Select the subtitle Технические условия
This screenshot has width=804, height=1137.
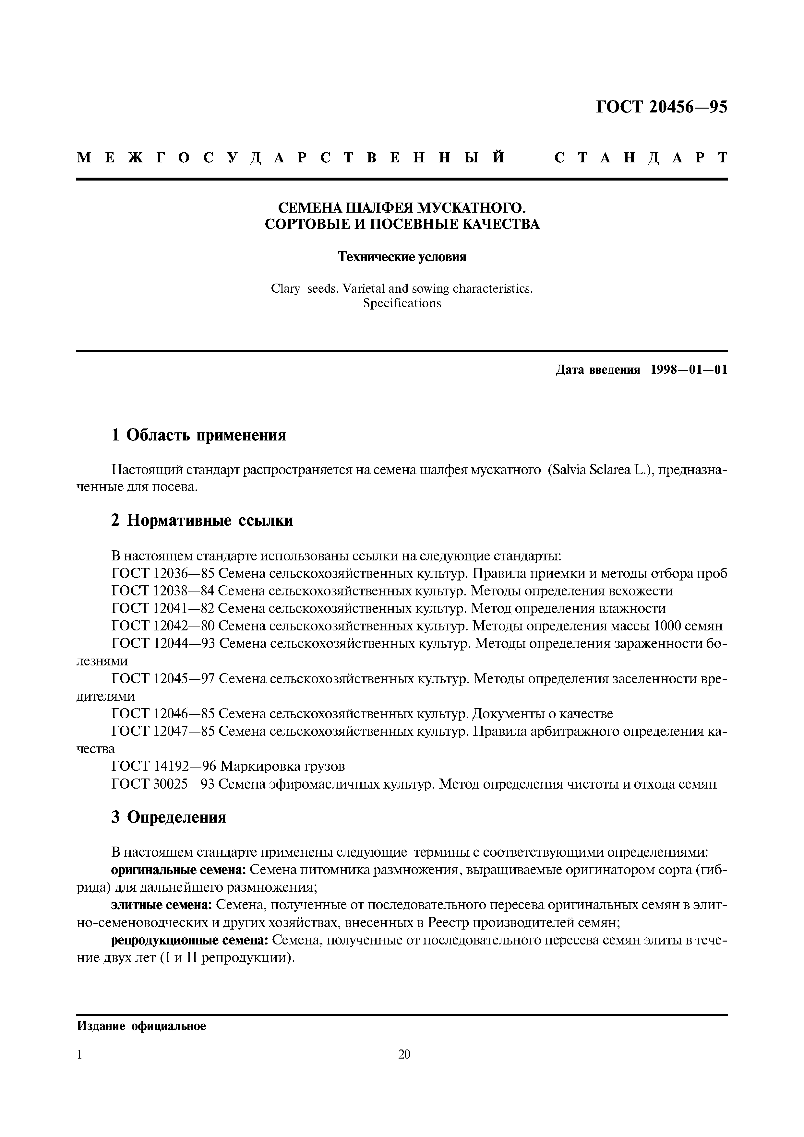[x=402, y=257]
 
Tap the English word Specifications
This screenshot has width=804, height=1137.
[x=402, y=303]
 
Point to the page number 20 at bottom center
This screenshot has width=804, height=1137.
[x=404, y=1054]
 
